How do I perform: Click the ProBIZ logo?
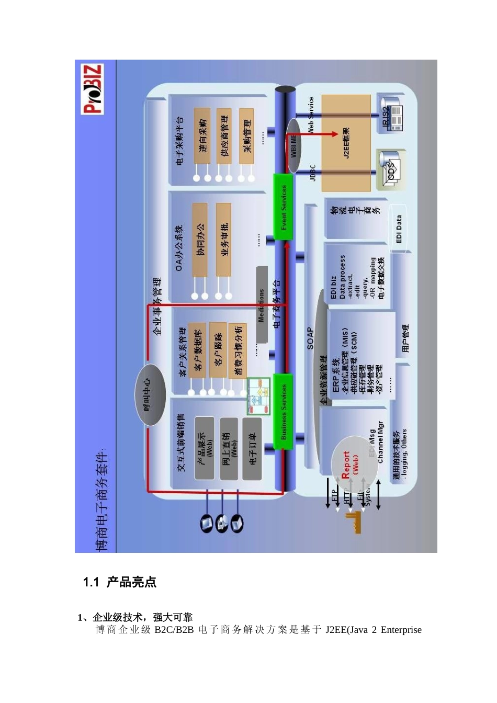[93, 88]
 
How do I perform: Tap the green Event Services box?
[283, 207]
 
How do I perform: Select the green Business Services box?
[283, 411]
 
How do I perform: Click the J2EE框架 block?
[346, 142]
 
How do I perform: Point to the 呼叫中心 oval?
[150, 394]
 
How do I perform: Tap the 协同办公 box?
[200, 240]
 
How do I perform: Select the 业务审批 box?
[223, 240]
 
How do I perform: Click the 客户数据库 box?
[197, 350]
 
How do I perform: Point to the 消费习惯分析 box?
[238, 350]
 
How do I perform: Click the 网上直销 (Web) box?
[229, 448]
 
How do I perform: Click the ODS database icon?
[390, 169]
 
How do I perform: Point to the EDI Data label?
[399, 229]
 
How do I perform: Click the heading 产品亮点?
[131, 582]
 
